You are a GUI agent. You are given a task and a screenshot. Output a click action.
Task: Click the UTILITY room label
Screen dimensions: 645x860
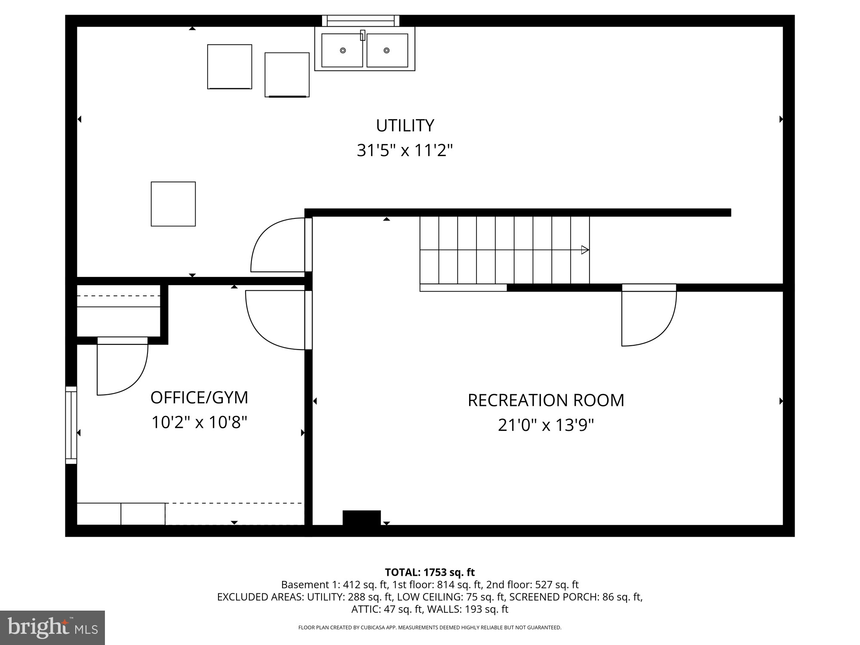coord(405,126)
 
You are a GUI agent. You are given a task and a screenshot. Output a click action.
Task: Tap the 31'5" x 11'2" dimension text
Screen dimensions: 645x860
coord(405,151)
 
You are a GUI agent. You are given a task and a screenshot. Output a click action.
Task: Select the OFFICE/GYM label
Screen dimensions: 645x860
coord(199,398)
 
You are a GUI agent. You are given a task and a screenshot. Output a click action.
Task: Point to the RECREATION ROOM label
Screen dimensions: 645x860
coord(546,400)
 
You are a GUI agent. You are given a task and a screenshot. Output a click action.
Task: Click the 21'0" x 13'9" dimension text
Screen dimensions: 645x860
coord(546,426)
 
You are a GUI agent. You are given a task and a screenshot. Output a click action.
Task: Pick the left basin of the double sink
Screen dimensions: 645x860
coord(342,50)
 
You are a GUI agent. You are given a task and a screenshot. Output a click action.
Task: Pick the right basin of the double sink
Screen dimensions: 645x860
coord(387,50)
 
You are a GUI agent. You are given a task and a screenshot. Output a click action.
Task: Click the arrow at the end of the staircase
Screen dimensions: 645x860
coord(585,250)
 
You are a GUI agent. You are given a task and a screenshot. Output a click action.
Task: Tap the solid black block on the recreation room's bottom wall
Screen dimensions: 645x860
coord(362,518)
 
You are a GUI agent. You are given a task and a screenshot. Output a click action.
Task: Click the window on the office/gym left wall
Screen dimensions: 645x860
coord(71,425)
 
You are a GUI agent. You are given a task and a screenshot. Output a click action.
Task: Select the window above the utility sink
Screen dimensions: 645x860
coord(361,20)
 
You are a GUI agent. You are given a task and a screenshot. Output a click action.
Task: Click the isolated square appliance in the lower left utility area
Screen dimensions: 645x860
coord(173,204)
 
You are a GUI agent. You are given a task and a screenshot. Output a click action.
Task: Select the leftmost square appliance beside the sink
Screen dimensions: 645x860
coord(230,67)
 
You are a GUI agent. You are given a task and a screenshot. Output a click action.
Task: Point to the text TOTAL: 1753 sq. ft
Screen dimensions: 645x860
coord(430,572)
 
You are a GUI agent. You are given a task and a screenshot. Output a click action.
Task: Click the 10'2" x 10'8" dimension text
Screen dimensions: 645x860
coord(199,423)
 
